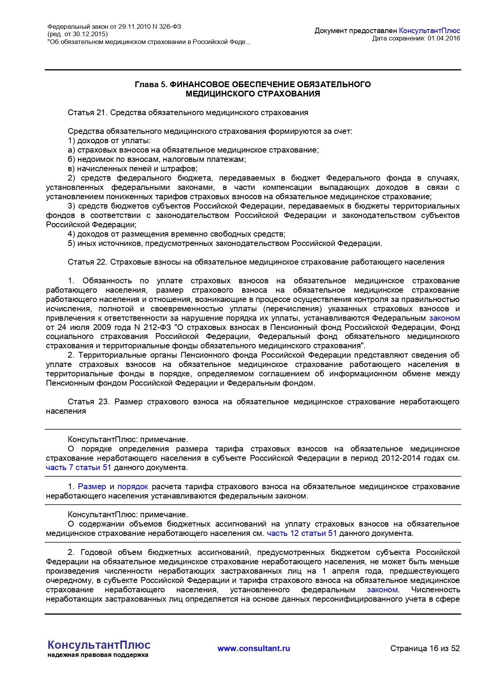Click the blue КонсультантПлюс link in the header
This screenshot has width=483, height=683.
tap(429, 31)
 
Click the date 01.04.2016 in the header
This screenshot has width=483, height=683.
tap(444, 38)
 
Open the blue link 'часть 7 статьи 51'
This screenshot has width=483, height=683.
tap(78, 467)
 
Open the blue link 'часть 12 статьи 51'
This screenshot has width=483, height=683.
tap(302, 533)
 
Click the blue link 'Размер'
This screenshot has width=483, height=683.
tap(92, 486)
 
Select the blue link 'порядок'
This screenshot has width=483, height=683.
tap(133, 486)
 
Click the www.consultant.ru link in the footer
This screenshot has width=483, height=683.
tap(254, 648)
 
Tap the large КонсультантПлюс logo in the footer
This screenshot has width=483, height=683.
tap(99, 645)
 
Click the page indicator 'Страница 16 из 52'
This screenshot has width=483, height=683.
tap(425, 648)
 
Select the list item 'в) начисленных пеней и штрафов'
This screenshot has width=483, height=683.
tap(132, 169)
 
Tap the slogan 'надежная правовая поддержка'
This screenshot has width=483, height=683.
tap(98, 655)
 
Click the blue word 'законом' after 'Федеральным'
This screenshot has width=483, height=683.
tap(444, 318)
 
